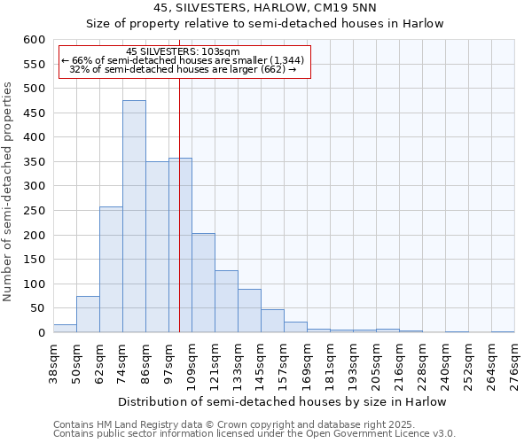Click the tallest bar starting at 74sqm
point(134,217)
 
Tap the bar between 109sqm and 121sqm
point(203,284)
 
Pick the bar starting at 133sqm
point(249,311)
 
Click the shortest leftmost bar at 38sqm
point(65,329)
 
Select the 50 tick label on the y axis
point(38,308)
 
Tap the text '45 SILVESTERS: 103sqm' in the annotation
point(183,52)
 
